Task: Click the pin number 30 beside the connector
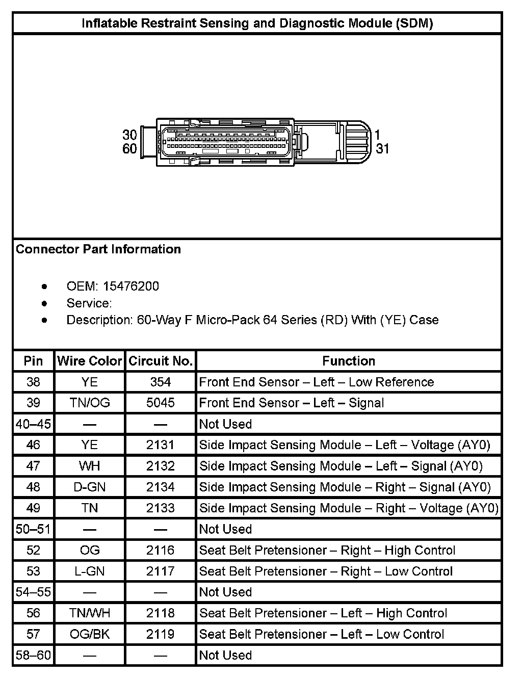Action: pos(129,135)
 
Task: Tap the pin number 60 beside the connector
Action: pos(129,148)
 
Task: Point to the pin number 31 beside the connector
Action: pos(382,148)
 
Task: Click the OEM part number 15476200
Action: pos(131,286)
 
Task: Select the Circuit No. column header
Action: pos(161,361)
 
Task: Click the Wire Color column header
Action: pos(90,361)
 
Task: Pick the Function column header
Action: pos(349,361)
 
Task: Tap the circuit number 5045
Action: pos(161,403)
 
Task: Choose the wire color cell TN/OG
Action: pos(90,403)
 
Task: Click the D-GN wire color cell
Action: pos(90,487)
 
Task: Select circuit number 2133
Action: pos(161,508)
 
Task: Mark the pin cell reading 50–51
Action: pos(33,529)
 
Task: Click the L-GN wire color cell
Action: pos(90,571)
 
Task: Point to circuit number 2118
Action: pos(161,613)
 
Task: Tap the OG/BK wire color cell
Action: pos(90,634)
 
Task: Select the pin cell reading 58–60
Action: pos(33,655)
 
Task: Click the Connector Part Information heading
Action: pos(98,249)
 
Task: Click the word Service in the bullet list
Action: pos(89,303)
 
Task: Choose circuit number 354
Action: pos(161,382)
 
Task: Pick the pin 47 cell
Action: pos(33,466)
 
